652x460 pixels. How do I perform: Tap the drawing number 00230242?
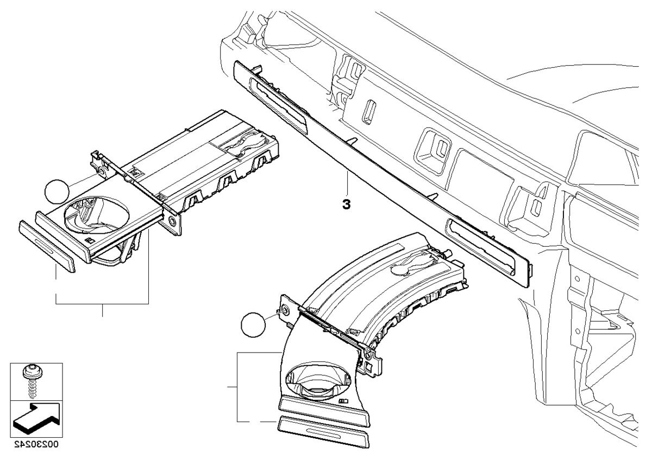tap(36, 444)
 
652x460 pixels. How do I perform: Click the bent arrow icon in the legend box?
tap(35, 417)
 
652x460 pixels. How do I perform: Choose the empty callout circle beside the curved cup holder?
tap(253, 325)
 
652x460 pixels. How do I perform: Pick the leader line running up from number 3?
tap(346, 184)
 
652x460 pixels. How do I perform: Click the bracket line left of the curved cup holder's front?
tap(238, 387)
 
